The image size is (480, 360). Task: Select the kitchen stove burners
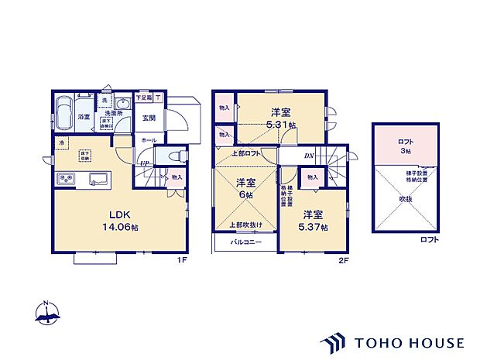click(65, 180)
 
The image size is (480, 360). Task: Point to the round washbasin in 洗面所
click(122, 105)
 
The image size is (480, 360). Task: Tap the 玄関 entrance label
click(149, 118)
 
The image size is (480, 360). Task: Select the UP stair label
click(145, 163)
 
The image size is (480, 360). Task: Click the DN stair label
click(308, 156)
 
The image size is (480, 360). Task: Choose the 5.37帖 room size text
click(315, 227)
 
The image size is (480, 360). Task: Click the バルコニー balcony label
click(246, 242)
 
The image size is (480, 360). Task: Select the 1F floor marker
click(182, 260)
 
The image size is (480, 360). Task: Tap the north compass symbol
click(48, 313)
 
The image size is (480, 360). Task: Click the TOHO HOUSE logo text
click(409, 341)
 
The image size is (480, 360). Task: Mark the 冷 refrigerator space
click(60, 143)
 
